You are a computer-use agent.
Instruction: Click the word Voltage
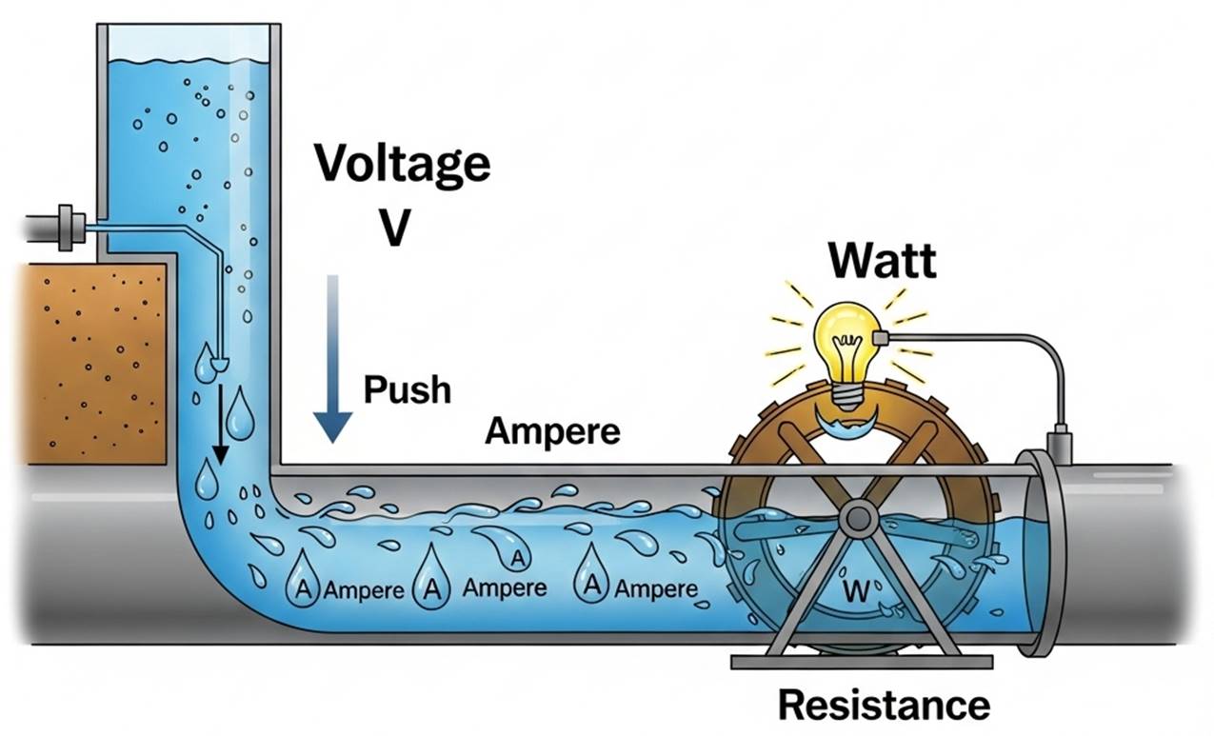click(x=403, y=163)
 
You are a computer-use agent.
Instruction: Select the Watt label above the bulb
click(x=881, y=260)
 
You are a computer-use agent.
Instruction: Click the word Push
click(x=407, y=389)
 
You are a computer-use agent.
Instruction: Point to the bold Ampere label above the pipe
click(x=552, y=431)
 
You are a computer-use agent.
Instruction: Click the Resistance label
click(x=884, y=705)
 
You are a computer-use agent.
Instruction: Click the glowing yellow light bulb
click(x=844, y=338)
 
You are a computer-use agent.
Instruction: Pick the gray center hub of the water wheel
click(x=858, y=517)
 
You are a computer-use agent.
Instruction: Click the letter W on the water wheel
click(x=855, y=593)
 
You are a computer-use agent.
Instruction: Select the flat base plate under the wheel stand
click(x=861, y=660)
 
